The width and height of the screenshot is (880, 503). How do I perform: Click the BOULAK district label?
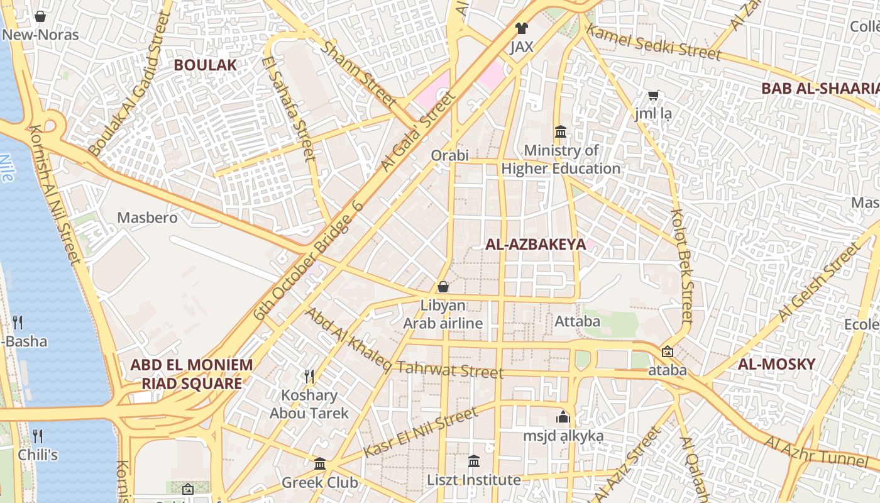(x=205, y=65)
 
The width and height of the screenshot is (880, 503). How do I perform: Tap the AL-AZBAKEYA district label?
(x=536, y=245)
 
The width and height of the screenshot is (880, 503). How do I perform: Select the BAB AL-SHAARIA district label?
(x=820, y=89)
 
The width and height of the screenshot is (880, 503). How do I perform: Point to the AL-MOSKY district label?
(x=776, y=364)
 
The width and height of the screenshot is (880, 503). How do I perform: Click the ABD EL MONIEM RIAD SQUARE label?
(x=192, y=374)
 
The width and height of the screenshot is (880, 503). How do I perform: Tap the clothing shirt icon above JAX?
(x=521, y=28)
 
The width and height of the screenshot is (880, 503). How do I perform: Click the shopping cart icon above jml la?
(x=653, y=96)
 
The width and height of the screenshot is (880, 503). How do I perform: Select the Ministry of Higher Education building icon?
(x=561, y=132)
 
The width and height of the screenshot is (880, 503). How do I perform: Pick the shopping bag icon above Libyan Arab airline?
(x=443, y=287)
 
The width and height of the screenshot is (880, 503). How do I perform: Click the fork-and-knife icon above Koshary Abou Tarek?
(x=309, y=377)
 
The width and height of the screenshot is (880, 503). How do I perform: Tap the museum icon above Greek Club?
(x=320, y=464)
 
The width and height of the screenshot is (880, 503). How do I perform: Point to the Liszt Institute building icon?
(x=474, y=462)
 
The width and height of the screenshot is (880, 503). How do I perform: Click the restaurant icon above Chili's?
(x=38, y=436)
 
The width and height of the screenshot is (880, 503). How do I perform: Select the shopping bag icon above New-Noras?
(x=40, y=16)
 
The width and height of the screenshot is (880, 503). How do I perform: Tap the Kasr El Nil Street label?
(x=420, y=433)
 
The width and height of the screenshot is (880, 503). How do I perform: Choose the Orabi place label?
(x=450, y=155)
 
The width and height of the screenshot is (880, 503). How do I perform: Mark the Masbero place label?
(x=148, y=218)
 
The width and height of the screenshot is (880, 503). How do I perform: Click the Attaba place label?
(x=578, y=321)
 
